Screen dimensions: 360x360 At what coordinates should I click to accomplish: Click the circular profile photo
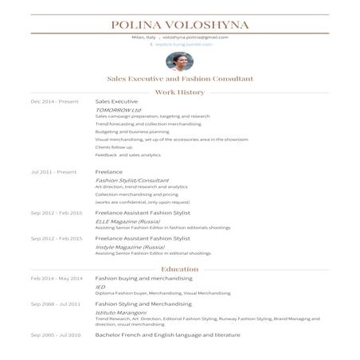pos(180,61)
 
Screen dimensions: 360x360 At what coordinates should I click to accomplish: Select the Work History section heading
pos(180,92)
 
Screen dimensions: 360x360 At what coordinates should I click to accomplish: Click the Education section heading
pos(180,269)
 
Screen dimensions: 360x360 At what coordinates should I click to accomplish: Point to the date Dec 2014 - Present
pos(56,103)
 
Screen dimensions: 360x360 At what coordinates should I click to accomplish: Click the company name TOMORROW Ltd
pos(118,110)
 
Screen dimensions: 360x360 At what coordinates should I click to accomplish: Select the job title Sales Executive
pos(116,103)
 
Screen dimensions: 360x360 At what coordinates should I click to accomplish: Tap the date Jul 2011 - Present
pos(53,172)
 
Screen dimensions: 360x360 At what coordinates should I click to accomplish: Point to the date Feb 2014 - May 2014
pos(57,279)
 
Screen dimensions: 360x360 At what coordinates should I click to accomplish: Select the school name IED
pos(100,287)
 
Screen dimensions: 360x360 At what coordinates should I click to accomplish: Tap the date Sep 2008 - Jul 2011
pos(56,304)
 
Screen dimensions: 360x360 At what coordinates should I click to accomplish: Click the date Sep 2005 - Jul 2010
pos(56,335)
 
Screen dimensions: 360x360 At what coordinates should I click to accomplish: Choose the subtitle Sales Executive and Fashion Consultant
pos(180,80)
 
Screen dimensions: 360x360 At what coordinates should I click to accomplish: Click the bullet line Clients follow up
pos(114,147)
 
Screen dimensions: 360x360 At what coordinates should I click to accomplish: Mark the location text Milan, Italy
pos(145,37)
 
